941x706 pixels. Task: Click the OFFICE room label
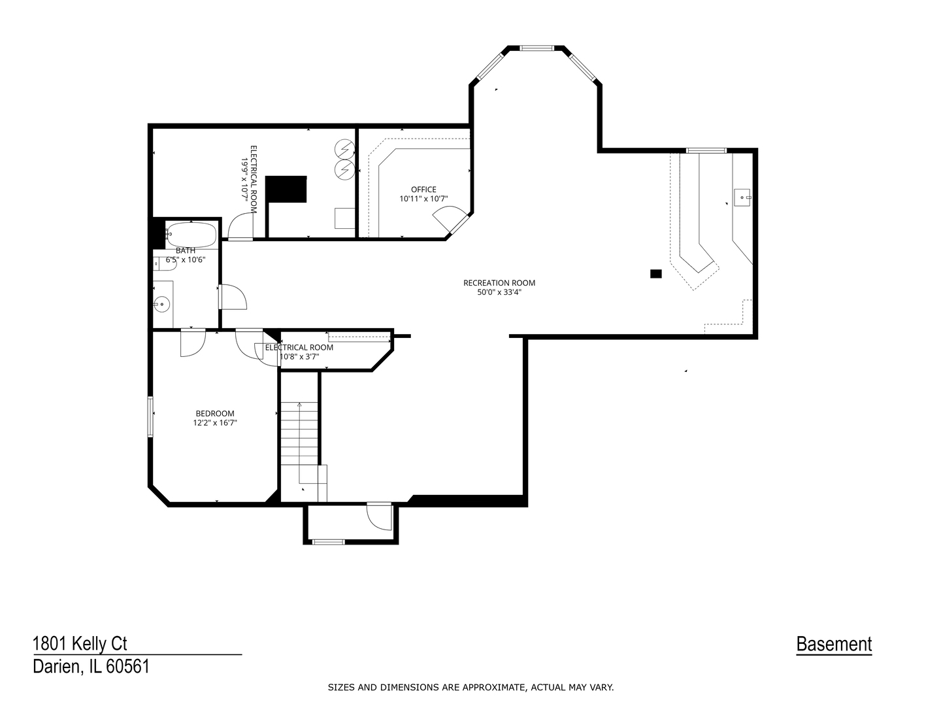tap(423, 190)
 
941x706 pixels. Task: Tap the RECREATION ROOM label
tap(499, 283)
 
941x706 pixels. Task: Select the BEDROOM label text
tap(215, 413)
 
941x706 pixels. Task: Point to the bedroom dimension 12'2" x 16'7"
tap(215, 423)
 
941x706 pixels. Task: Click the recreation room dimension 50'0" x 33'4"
tap(499, 293)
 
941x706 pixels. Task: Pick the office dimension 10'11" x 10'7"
tap(423, 199)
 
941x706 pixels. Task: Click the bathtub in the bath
tap(191, 233)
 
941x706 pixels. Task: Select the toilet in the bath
tap(159, 263)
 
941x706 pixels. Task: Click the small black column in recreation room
tap(656, 274)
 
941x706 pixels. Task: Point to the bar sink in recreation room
tap(743, 196)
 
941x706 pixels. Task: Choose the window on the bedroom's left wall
tap(150, 416)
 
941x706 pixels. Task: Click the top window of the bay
tap(537, 48)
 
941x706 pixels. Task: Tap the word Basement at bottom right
tap(834, 645)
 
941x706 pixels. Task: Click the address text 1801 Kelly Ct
tap(80, 644)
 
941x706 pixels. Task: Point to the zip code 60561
tap(128, 667)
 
